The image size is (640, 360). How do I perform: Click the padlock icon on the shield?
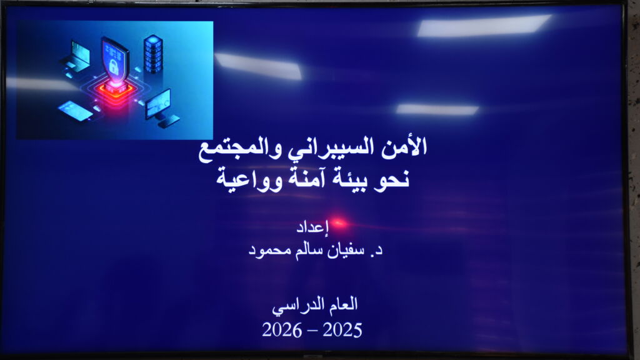(114, 66)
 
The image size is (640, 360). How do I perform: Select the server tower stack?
(153, 54)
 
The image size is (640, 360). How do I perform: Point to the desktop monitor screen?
(158, 104)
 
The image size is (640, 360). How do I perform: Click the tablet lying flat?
(76, 111)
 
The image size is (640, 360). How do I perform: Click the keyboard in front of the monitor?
(167, 121)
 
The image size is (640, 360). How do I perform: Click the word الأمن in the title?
(404, 147)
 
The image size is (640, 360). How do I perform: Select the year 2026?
(282, 330)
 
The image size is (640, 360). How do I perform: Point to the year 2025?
(342, 330)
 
